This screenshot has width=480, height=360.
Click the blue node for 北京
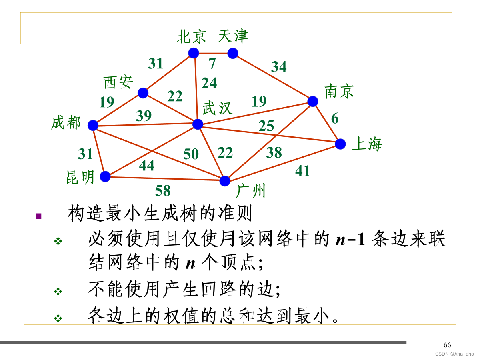click(x=194, y=53)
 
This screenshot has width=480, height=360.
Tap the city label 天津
click(x=233, y=36)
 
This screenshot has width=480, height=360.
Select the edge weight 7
click(x=212, y=63)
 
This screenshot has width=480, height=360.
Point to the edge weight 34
click(x=279, y=67)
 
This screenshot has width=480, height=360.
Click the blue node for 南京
click(x=313, y=101)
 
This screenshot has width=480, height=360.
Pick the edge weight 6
click(x=335, y=118)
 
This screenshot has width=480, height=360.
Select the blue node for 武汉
click(x=198, y=124)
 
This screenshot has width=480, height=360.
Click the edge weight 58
click(x=163, y=191)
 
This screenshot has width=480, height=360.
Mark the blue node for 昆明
click(x=105, y=176)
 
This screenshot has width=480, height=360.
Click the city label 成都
click(x=66, y=123)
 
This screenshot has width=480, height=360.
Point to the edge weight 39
click(x=144, y=116)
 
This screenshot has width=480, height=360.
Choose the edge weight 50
click(x=191, y=154)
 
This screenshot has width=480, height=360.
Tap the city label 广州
click(x=251, y=191)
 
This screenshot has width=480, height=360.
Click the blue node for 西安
click(x=143, y=93)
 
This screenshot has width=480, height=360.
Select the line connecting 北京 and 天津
click(x=213, y=53)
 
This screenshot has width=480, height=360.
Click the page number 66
click(x=447, y=345)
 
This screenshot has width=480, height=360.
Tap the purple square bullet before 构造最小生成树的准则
click(x=38, y=216)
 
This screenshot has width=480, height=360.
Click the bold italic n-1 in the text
click(x=350, y=240)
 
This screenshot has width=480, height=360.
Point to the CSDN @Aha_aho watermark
click(x=454, y=354)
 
